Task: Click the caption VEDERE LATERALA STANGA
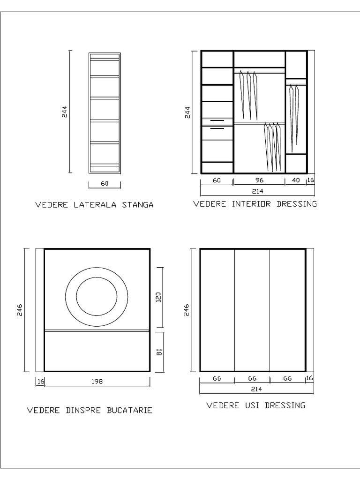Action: (x=94, y=205)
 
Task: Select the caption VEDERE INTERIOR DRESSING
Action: (x=255, y=204)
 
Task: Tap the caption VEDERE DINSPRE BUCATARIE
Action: (x=90, y=410)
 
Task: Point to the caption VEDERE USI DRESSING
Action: (x=255, y=405)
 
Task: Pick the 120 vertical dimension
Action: (x=158, y=297)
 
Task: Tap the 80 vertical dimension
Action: (x=158, y=351)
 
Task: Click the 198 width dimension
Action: (x=97, y=382)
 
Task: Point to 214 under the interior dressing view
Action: (x=257, y=191)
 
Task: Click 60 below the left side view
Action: (x=105, y=184)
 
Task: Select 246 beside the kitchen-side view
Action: (x=20, y=310)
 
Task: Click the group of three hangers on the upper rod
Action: (x=248, y=95)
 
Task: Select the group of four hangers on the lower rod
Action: (x=273, y=146)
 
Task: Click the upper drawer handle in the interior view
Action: (x=217, y=121)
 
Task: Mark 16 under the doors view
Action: (x=309, y=378)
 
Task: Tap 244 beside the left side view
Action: (x=65, y=111)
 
